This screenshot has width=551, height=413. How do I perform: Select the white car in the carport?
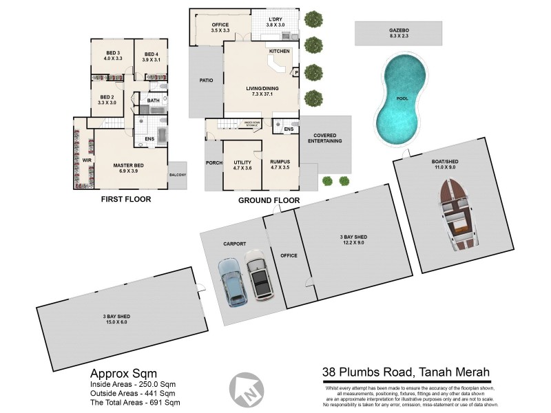(259, 275)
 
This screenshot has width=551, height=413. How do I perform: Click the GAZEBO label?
(398, 31)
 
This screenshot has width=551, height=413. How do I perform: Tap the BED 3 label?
(114, 54)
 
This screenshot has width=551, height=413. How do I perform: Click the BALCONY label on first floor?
(177, 175)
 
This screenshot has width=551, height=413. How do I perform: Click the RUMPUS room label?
(280, 162)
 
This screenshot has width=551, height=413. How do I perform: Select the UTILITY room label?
(242, 162)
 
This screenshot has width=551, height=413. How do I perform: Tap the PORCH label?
(213, 163)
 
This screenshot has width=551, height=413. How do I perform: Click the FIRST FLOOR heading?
(125, 199)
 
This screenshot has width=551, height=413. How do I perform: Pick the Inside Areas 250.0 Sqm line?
(135, 383)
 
